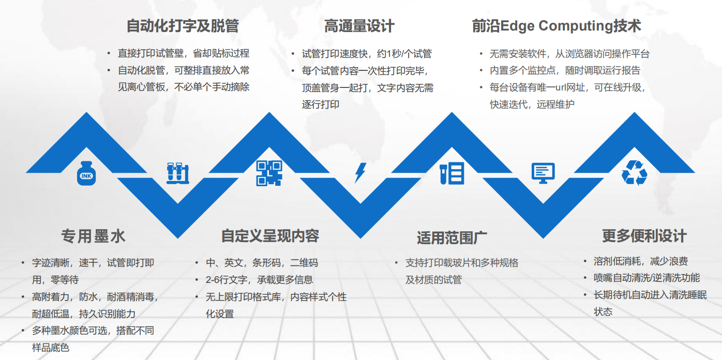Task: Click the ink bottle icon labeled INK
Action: coord(86,173)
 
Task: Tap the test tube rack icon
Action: coord(177,173)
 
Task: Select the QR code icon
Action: coord(269,173)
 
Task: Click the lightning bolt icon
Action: coord(360,173)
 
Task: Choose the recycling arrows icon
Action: coord(634,173)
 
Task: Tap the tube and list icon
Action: coord(452,173)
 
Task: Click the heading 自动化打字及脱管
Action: coord(183,26)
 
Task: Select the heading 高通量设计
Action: coord(359,26)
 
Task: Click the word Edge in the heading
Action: coord(517,26)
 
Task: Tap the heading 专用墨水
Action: coord(93,236)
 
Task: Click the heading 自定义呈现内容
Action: coord(270,236)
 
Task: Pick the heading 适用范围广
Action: coord(452,238)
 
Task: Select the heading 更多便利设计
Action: coord(644,236)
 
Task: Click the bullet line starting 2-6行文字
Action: coord(259,280)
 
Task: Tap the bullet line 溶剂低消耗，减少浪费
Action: coord(641,261)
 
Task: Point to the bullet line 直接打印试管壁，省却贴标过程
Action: coord(184,53)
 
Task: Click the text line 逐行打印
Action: coord(320,104)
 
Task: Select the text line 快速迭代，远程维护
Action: coord(532,104)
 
